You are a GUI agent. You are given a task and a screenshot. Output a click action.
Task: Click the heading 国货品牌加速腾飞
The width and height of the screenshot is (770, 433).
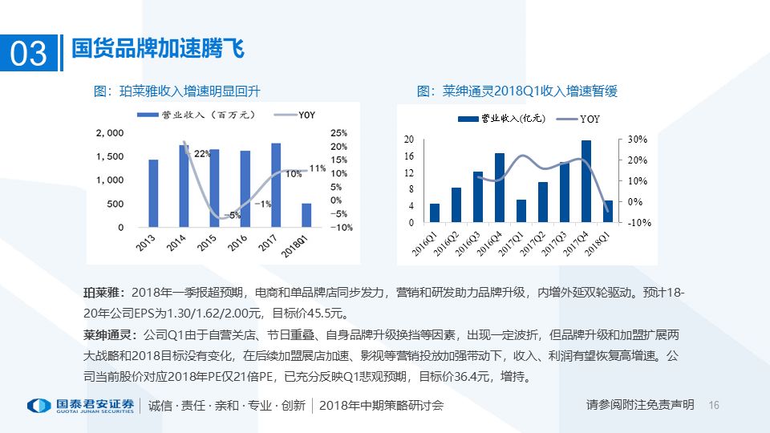pyautogui.click(x=157, y=49)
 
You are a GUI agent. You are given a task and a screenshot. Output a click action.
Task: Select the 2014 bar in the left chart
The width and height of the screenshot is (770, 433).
pyautogui.click(x=184, y=186)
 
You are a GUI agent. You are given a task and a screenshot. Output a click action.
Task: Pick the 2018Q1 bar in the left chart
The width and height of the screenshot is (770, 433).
pyautogui.click(x=306, y=215)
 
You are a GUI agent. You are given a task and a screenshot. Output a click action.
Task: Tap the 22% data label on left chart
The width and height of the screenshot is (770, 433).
pyautogui.click(x=202, y=153)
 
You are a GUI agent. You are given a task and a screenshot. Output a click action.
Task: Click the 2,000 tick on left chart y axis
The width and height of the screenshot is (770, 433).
pyautogui.click(x=110, y=132)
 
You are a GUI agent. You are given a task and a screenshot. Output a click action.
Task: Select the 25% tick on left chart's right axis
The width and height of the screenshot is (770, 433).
pyautogui.click(x=338, y=132)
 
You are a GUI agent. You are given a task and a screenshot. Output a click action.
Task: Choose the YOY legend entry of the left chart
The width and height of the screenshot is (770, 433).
pyautogui.click(x=295, y=115)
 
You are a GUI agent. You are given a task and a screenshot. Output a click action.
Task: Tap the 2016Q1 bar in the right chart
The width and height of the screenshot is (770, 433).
pyautogui.click(x=435, y=212)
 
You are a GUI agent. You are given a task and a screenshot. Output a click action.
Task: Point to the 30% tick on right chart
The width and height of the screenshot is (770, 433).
pyautogui.click(x=638, y=140)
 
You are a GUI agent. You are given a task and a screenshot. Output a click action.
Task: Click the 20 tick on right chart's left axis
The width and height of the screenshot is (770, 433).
pyautogui.click(x=409, y=140)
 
